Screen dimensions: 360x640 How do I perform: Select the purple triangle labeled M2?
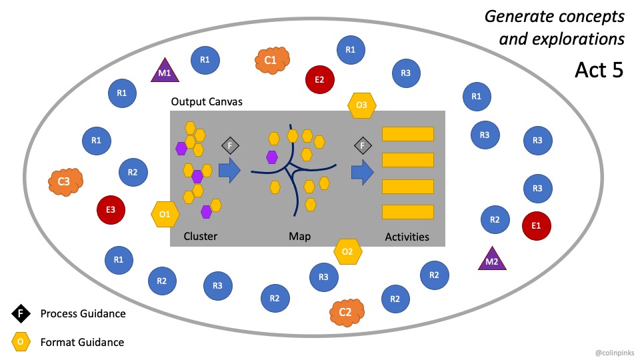(x=492, y=259)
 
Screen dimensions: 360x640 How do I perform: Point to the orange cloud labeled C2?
(x=345, y=312)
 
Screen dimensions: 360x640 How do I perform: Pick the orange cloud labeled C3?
(x=65, y=180)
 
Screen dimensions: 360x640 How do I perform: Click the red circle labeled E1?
(x=537, y=225)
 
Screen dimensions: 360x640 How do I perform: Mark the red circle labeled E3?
(x=111, y=209)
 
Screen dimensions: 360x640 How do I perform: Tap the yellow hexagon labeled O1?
(x=165, y=214)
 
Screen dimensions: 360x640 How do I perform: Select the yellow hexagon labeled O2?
(x=347, y=251)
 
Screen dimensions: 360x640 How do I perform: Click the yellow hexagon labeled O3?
(x=362, y=105)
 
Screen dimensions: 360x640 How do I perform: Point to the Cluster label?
(x=200, y=237)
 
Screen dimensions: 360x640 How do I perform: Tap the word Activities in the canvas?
(x=407, y=237)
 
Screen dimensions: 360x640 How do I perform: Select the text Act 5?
(x=599, y=70)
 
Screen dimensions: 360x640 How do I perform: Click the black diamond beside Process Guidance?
(x=21, y=313)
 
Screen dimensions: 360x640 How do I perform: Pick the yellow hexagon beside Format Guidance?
(x=21, y=342)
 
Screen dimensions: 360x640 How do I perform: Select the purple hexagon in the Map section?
(x=271, y=157)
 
